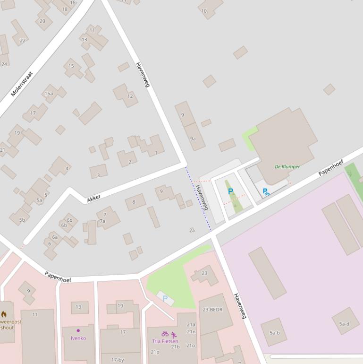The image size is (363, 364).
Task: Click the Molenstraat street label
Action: click(22, 84)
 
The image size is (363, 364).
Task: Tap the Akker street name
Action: click(94, 199)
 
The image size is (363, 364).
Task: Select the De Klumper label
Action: click(287, 166)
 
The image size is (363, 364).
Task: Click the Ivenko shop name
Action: click(78, 338)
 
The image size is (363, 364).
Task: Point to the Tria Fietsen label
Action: click(165, 341)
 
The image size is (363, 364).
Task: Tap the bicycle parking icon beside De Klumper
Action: click(266, 192)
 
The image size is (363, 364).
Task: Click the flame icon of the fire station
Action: click(4, 314)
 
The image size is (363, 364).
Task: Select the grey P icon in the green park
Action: click(165, 298)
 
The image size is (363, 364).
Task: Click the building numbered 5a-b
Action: click(274, 332)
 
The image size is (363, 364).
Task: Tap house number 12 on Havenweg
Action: click(127, 96)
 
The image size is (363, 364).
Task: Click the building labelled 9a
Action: click(194, 137)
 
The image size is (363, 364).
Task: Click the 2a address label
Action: click(192, 230)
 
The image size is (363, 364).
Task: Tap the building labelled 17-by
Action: click(118, 360)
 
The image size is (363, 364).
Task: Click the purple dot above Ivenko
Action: click(78, 330)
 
